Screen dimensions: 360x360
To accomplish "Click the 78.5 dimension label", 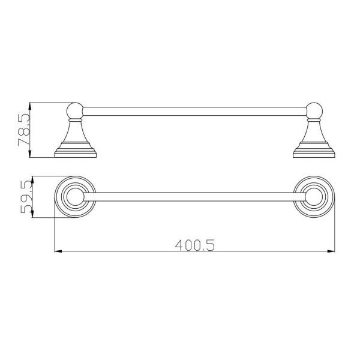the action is [24, 130].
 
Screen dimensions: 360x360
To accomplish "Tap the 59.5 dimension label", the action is [26, 197].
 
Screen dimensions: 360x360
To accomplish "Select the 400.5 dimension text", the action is [195, 245].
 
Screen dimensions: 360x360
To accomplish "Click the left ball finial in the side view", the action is [75, 110].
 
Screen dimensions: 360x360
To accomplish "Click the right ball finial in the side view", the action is [314, 110].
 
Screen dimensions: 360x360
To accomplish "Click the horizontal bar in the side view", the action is [194, 112].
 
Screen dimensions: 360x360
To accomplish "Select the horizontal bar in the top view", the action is [194, 197].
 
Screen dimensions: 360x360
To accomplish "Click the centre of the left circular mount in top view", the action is [75, 197].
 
